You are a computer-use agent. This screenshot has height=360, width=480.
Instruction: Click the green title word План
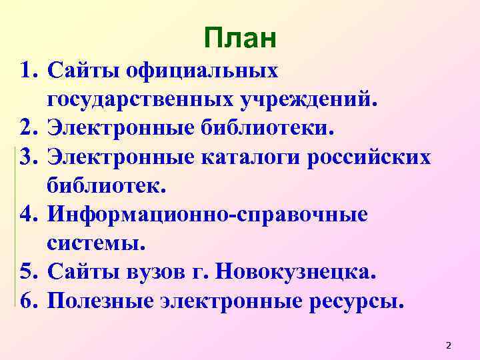[x=239, y=39]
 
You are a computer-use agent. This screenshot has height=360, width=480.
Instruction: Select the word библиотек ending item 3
[x=103, y=186]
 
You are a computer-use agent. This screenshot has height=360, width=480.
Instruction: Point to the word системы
[x=95, y=243]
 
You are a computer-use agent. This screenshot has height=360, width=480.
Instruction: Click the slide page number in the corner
[x=448, y=345]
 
